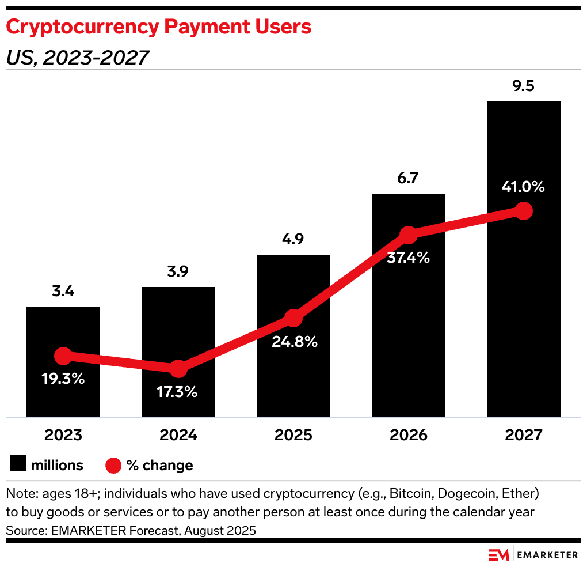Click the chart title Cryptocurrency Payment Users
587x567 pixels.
pos(159,27)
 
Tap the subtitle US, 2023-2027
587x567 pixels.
pos(77,58)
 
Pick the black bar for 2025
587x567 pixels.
pos(293,277)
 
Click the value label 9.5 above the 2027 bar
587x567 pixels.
pos(523,86)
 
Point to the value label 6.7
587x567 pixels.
pos(408,179)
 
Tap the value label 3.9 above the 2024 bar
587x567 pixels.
pos(178,272)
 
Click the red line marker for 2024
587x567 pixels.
pos(178,369)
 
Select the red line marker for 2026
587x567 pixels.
pos(409,235)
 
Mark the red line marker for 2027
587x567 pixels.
pos(523,211)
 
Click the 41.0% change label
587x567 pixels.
pos(522,187)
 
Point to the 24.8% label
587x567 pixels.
pos(295,342)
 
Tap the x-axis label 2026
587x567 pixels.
pos(408,434)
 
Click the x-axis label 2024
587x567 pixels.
pos(178,434)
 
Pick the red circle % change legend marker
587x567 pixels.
pos(114,465)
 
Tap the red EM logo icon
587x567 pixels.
pos(499,555)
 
